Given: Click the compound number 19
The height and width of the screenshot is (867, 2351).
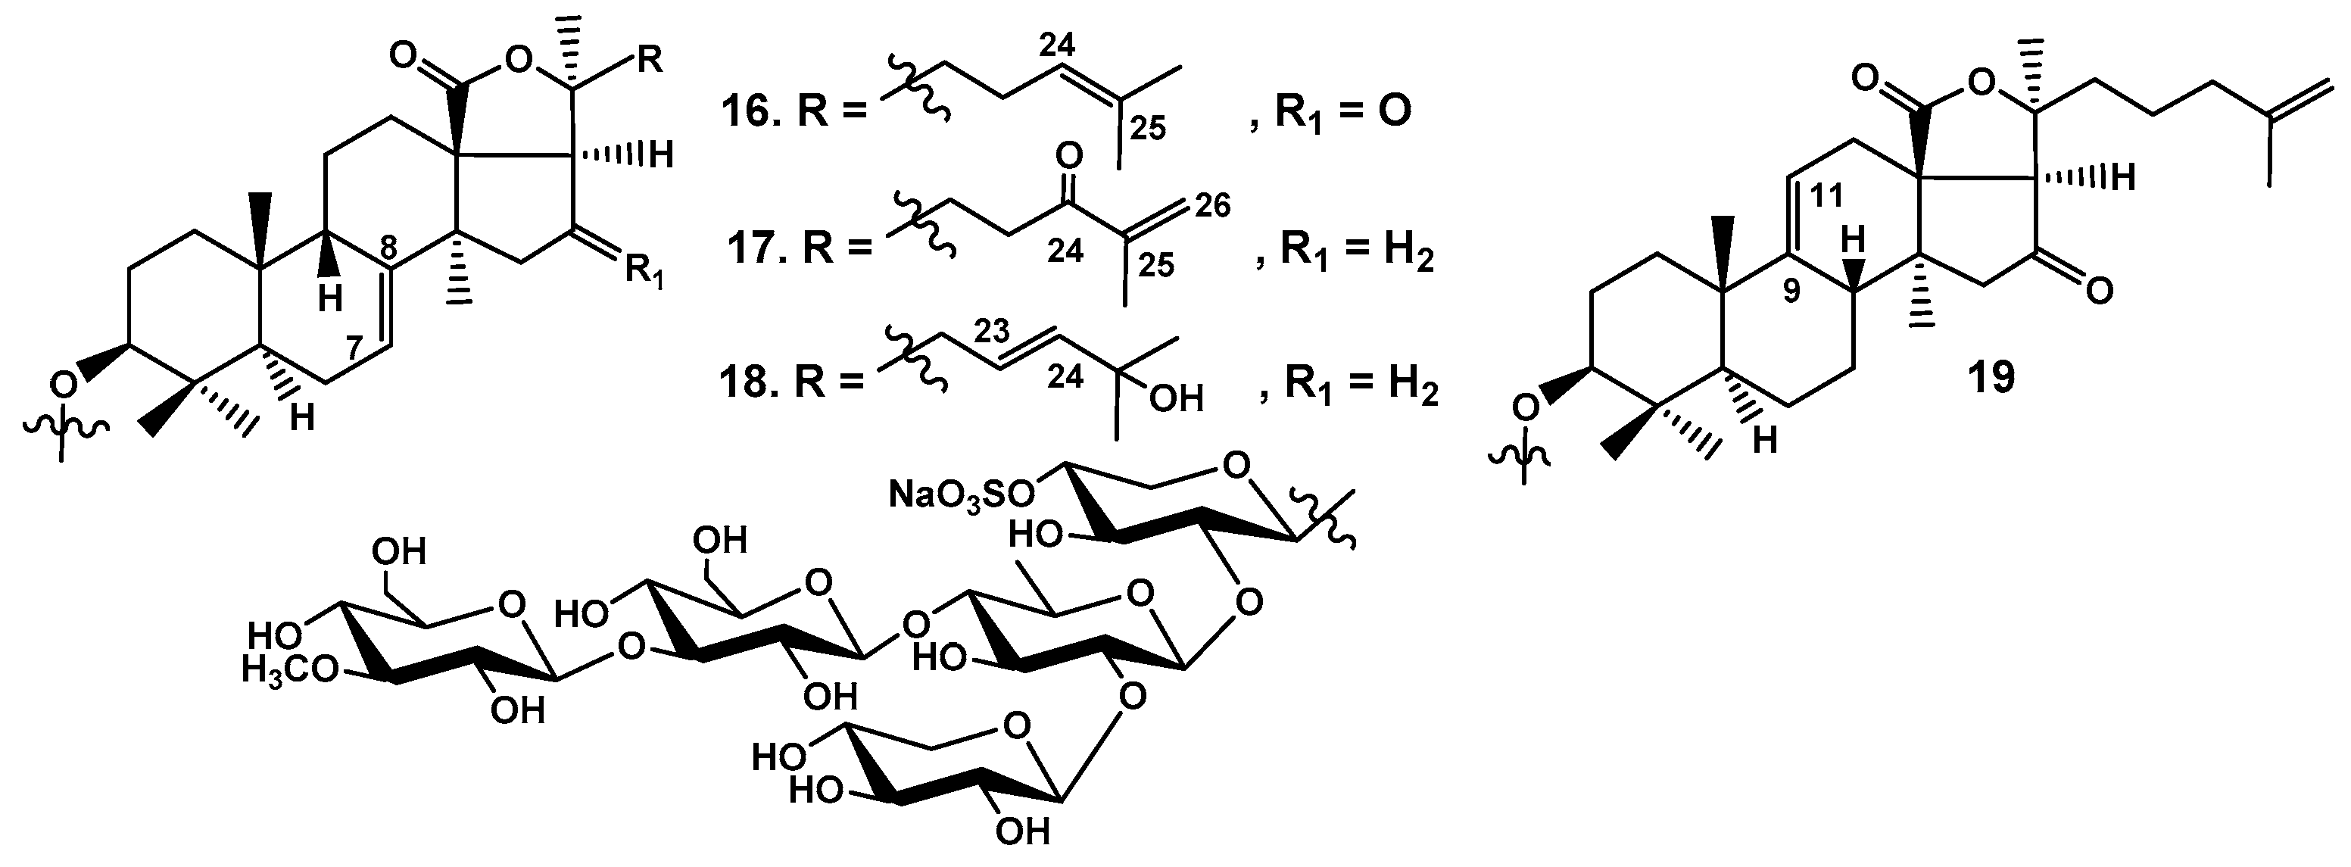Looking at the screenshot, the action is (x=1991, y=376).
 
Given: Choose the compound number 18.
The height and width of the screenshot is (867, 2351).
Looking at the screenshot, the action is (x=747, y=384).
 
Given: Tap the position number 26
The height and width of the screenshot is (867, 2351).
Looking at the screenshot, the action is (x=1211, y=206).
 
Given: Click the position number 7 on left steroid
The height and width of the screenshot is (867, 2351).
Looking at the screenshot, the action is (x=357, y=348).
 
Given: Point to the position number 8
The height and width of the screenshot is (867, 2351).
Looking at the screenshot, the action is (x=388, y=246).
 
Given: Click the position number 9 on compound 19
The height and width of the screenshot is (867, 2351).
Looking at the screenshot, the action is (x=1791, y=293).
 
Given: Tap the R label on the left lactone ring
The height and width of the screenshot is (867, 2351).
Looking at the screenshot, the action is (x=649, y=63).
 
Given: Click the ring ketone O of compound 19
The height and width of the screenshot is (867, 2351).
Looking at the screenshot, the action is (x=2098, y=292).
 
